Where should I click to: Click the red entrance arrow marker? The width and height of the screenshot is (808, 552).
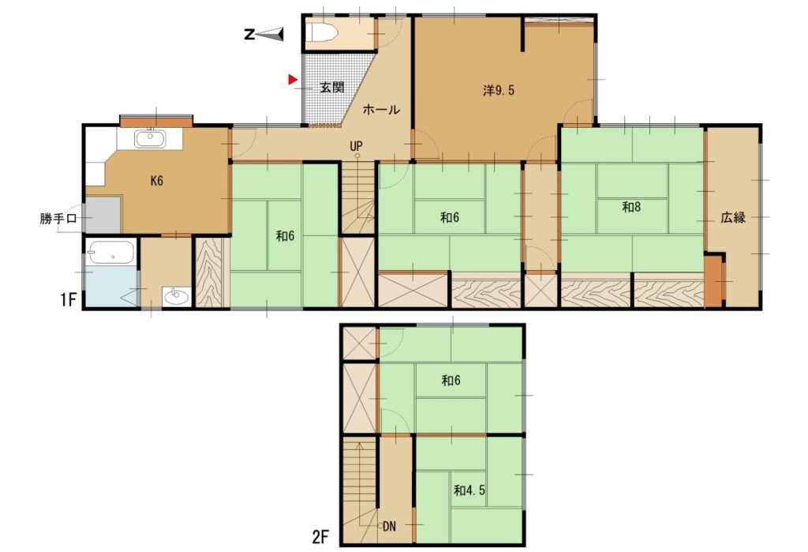pyautogui.click(x=293, y=80)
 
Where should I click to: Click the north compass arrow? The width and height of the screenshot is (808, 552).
pyautogui.click(x=270, y=34)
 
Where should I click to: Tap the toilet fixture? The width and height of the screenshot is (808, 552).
pyautogui.click(x=321, y=34)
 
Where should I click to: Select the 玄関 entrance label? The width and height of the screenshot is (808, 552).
pyautogui.click(x=332, y=87)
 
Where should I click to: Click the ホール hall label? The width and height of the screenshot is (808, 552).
pyautogui.click(x=381, y=109)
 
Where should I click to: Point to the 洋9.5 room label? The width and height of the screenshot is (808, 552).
pyautogui.click(x=499, y=91)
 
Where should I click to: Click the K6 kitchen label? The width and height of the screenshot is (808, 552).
pyautogui.click(x=157, y=181)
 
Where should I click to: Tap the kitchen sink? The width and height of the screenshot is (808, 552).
pyautogui.click(x=150, y=139)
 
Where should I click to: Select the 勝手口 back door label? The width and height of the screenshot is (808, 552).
pyautogui.click(x=58, y=218)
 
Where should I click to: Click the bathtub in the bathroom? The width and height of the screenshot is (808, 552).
pyautogui.click(x=110, y=253)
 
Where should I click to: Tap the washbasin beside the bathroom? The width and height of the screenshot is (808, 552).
pyautogui.click(x=177, y=296)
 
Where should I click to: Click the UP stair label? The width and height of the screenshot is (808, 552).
pyautogui.click(x=356, y=146)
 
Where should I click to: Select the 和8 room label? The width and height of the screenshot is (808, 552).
pyautogui.click(x=631, y=208)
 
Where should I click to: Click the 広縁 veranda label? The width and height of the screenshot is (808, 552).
pyautogui.click(x=733, y=217)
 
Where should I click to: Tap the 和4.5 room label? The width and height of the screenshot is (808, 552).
pyautogui.click(x=469, y=490)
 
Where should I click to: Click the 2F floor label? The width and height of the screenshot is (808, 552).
pyautogui.click(x=320, y=538)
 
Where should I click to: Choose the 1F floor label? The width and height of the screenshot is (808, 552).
pyautogui.click(x=68, y=299)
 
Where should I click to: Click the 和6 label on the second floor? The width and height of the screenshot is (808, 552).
pyautogui.click(x=451, y=381)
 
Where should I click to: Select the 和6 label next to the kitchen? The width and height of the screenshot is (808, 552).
pyautogui.click(x=284, y=236)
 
